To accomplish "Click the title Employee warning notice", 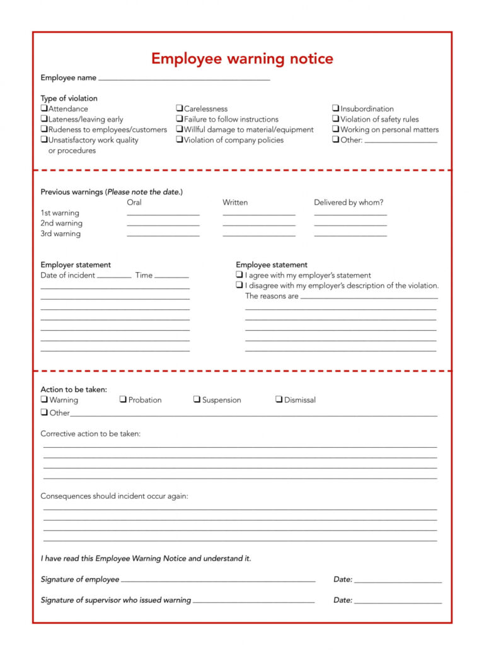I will (242, 59).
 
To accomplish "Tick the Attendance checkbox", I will (44, 109).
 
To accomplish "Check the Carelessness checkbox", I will (180, 109).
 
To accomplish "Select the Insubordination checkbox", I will (336, 109).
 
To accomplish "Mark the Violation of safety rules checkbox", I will (336, 119).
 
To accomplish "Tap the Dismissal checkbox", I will (279, 400).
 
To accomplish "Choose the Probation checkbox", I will (124, 400).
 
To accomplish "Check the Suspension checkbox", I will (197, 400).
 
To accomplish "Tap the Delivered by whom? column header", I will (349, 202).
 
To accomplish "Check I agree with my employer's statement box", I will (240, 275).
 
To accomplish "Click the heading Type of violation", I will (69, 98).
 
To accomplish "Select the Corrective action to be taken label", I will (91, 434).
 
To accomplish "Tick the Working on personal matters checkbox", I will (336, 130).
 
